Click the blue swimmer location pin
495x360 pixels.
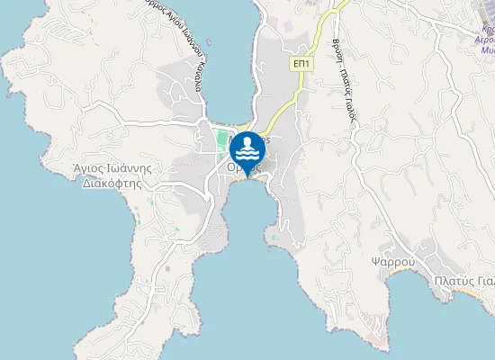(247, 150)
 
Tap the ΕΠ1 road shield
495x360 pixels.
(301, 65)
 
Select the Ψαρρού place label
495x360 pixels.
(391, 262)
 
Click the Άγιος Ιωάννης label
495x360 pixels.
(110, 167)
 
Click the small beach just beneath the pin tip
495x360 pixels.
(246, 178)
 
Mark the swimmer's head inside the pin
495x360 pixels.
(247, 142)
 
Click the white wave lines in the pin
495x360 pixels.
(247, 156)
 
